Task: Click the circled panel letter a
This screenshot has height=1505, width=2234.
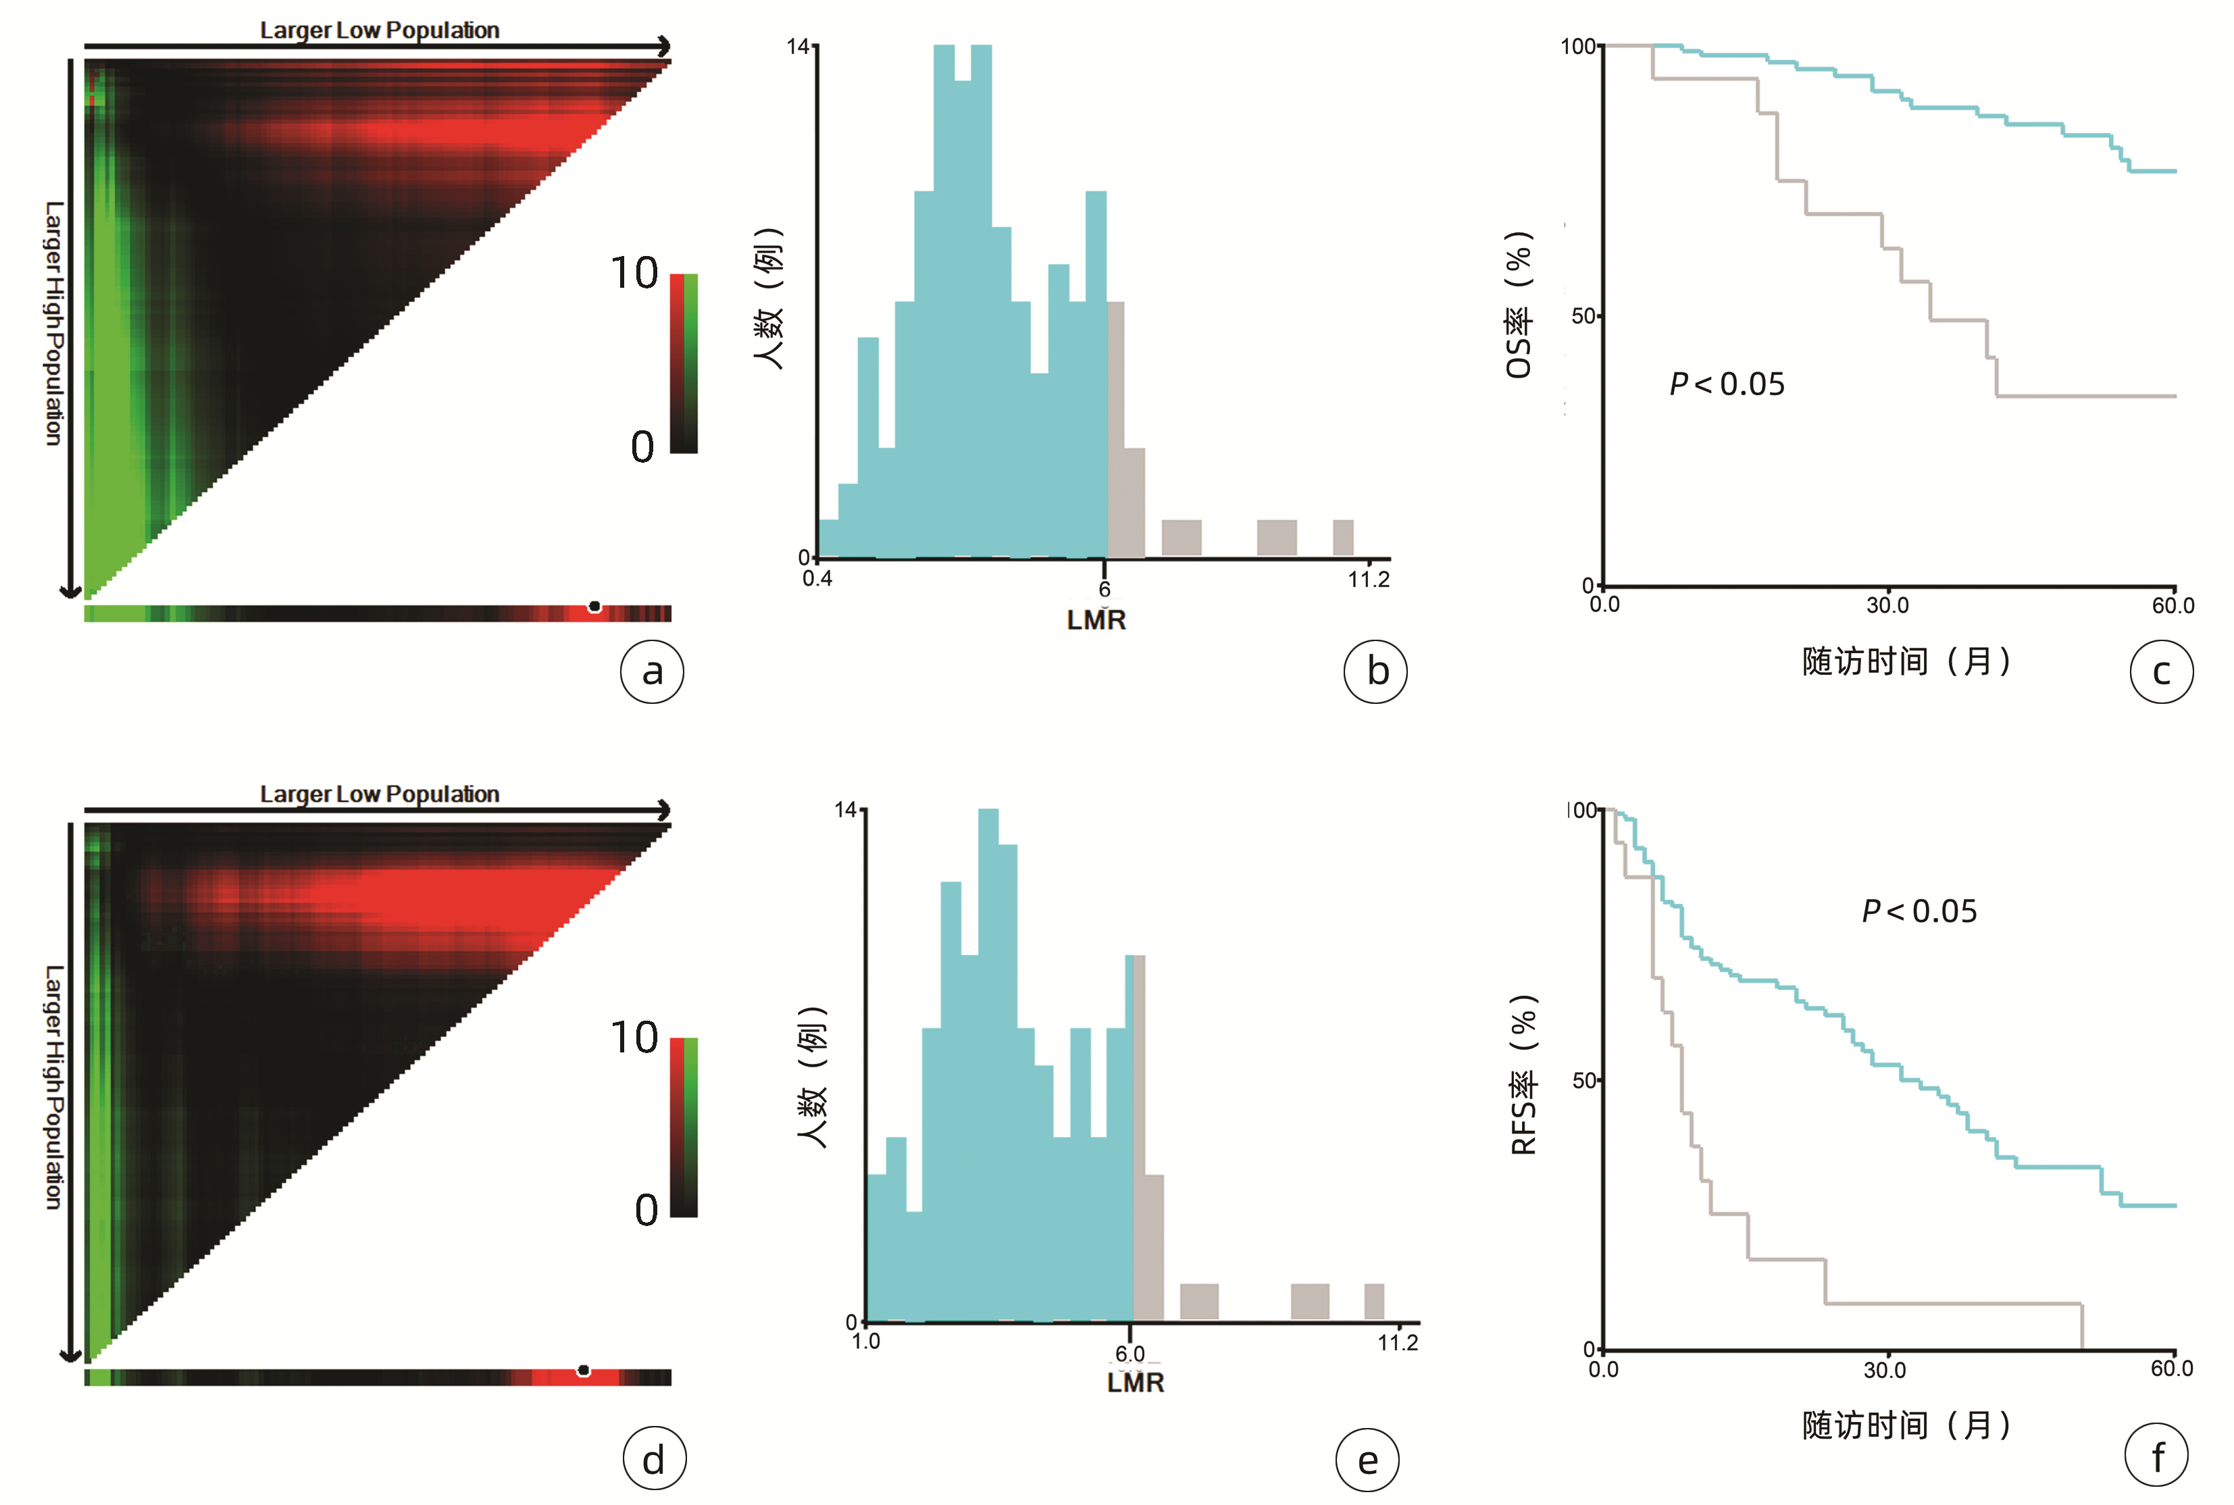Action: click(652, 672)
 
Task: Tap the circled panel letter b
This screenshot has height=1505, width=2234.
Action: click(1375, 672)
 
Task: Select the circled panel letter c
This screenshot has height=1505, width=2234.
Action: click(2161, 672)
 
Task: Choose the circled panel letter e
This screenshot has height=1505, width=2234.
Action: click(1367, 1460)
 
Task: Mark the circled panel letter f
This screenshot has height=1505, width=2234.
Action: click(2156, 1457)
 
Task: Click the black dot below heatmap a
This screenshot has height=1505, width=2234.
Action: click(595, 607)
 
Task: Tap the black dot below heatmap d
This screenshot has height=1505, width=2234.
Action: click(584, 1371)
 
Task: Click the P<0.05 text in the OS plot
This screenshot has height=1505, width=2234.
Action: click(1727, 384)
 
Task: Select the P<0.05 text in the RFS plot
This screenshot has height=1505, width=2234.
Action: click(1919, 911)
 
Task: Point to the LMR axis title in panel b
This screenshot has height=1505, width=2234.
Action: click(1096, 620)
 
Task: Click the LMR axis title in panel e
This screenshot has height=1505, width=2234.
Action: click(1135, 1383)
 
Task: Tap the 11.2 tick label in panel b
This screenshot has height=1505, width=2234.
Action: click(1369, 580)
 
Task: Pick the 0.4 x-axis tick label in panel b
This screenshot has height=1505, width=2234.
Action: click(817, 579)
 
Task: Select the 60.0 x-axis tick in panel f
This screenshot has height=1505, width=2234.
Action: click(2172, 1369)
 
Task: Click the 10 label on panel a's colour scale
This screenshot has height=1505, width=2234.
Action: click(634, 274)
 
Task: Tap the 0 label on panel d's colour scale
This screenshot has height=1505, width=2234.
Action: click(646, 1210)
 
